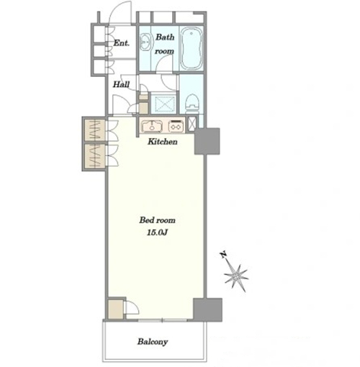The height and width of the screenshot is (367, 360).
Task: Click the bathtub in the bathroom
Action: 192,48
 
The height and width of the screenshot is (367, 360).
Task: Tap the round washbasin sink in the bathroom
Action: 145,42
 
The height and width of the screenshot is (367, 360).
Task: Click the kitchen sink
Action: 152,126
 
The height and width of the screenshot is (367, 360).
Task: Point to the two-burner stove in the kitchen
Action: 176,126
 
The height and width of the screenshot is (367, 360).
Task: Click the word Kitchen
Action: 163,142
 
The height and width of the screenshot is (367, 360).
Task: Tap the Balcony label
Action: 153,342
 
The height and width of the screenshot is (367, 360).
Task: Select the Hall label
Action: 121,84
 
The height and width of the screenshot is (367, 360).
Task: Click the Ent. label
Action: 122,43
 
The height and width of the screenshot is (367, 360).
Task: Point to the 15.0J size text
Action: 157,232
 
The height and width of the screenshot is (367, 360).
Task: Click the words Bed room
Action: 158,220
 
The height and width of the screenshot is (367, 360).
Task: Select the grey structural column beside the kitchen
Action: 207,141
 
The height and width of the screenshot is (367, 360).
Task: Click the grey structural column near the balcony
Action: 208,309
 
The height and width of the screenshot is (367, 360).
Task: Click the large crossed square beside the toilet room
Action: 164,104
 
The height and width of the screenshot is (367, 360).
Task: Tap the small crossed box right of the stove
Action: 192,124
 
